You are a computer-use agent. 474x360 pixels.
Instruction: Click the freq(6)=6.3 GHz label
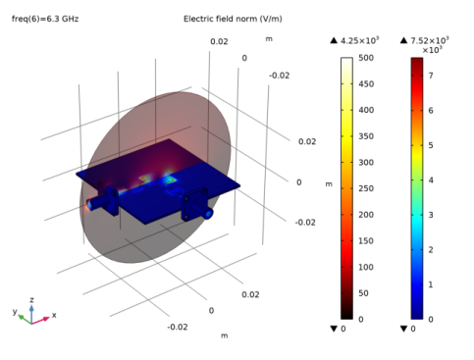(x=45, y=19)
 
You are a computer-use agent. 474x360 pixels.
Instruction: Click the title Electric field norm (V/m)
(x=233, y=19)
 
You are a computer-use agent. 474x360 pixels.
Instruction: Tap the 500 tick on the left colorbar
(x=366, y=58)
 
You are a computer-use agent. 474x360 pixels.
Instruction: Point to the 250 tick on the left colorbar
(x=366, y=188)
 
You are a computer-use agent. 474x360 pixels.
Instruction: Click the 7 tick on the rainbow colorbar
(x=431, y=76)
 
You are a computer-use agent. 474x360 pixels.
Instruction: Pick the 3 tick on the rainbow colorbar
(x=431, y=215)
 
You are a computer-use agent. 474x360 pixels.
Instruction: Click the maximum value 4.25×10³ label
(x=359, y=40)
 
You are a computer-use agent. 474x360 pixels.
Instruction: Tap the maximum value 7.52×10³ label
(x=430, y=40)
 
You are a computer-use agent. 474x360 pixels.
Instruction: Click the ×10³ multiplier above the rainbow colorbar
(x=432, y=50)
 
